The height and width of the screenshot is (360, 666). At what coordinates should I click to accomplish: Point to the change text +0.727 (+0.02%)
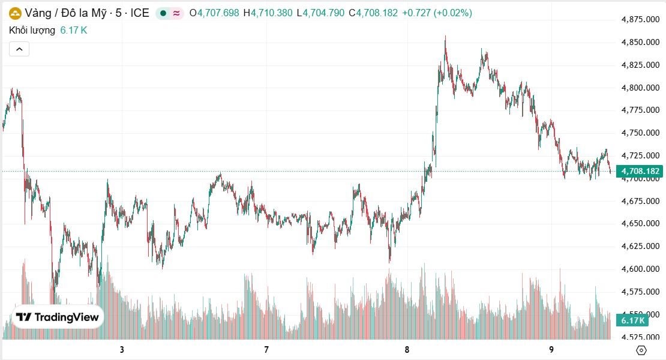click(x=437, y=13)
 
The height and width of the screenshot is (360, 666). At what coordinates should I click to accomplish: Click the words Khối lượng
click(x=32, y=30)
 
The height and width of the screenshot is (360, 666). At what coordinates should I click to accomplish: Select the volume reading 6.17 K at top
click(x=74, y=30)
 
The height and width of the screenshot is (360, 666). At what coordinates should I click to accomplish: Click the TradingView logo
click(x=58, y=317)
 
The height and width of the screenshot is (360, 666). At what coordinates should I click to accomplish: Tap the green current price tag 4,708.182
click(x=641, y=172)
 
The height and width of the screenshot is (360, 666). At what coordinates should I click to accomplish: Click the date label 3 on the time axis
click(x=122, y=350)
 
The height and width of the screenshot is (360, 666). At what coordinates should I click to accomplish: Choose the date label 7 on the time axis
click(x=266, y=350)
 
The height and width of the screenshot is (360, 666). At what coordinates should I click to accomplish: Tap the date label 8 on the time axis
click(x=407, y=350)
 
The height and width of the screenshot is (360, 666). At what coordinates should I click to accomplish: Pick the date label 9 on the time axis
click(x=551, y=350)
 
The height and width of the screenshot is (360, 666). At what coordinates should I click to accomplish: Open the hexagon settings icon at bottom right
click(x=641, y=350)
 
